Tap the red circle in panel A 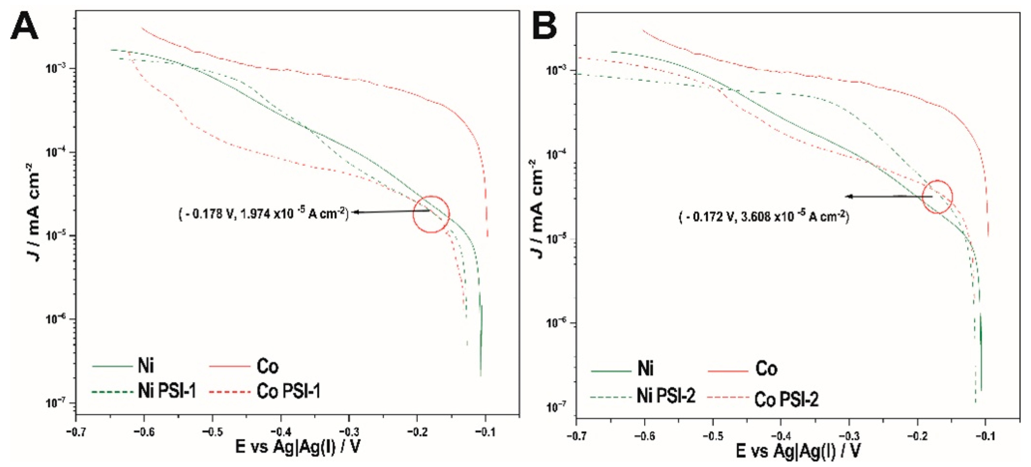click(x=431, y=214)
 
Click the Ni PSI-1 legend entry click(x=144, y=391)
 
